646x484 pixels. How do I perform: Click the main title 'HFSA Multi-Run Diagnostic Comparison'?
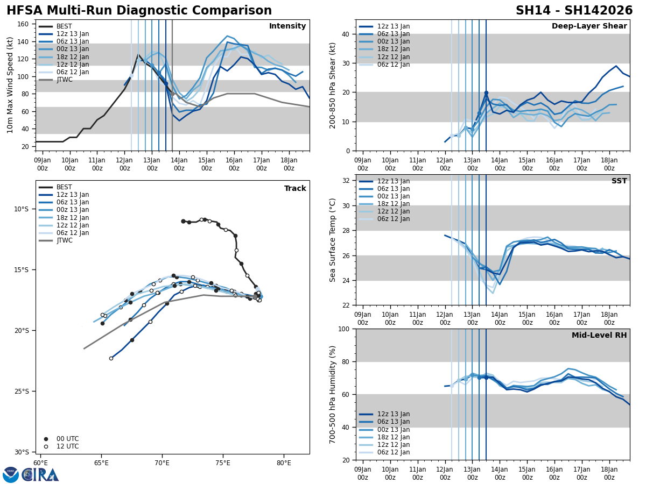coord(139,11)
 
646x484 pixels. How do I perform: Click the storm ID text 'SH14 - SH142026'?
coord(574,11)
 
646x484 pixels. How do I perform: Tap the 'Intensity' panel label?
coord(287,26)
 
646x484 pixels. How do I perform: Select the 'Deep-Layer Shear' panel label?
coord(589,26)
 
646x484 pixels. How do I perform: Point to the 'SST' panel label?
coord(619,181)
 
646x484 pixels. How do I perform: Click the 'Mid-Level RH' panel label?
coord(599,336)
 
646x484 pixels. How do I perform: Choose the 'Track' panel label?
coord(295,189)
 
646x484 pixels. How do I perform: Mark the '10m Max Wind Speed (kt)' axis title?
coord(10,85)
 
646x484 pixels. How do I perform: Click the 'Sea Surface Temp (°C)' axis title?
coord(333,240)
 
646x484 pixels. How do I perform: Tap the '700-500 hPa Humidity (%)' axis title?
coord(333,394)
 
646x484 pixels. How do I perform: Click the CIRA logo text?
coord(40,474)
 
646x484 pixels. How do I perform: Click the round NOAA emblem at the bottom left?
coord(10,474)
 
